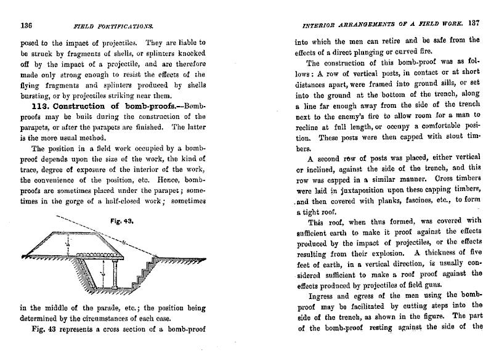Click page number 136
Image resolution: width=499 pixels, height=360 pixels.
(x=26, y=27)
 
